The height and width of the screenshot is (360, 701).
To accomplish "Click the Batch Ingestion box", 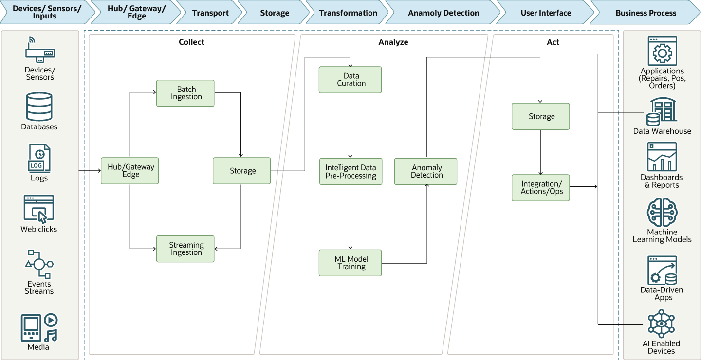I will (x=185, y=93).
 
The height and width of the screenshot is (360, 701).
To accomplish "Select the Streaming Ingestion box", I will (x=185, y=249).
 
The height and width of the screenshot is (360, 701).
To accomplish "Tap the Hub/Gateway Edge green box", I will (x=130, y=171).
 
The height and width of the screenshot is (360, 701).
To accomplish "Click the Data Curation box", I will (x=350, y=80).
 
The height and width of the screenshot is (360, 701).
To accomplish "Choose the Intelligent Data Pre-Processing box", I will (x=350, y=172).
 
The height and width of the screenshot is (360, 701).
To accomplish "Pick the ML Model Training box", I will (x=350, y=263).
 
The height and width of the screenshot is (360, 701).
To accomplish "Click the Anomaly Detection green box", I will (x=425, y=171).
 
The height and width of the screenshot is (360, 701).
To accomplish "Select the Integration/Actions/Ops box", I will (x=540, y=188).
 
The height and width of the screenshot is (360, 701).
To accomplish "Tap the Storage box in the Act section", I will (x=540, y=116).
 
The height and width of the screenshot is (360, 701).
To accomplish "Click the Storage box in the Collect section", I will (x=242, y=171).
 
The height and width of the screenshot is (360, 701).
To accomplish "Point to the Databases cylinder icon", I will (x=39, y=107).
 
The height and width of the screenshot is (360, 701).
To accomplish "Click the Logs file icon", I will (x=39, y=159).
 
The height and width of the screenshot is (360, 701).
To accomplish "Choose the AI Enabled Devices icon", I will (x=662, y=324).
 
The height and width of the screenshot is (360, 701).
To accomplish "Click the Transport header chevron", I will (x=210, y=13).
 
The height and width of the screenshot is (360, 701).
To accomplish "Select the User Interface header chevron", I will (x=545, y=13).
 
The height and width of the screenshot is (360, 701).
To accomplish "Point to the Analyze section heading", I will (x=393, y=42).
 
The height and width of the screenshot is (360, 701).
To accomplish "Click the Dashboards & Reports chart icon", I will (x=662, y=157).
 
